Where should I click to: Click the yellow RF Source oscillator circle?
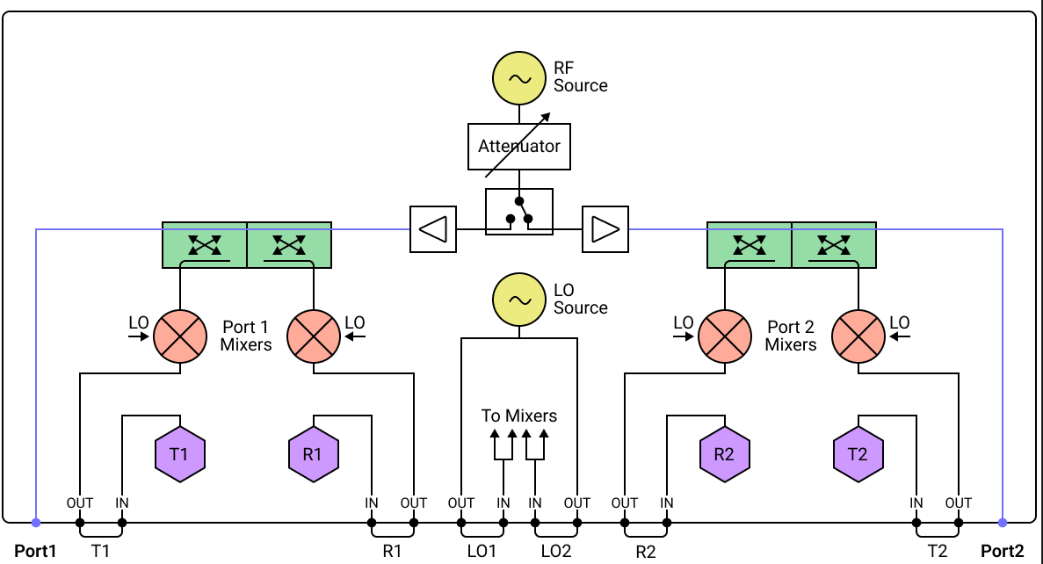click(518, 78)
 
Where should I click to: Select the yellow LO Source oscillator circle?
click(518, 300)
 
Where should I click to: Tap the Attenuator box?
click(518, 147)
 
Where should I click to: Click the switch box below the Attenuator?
click(518, 212)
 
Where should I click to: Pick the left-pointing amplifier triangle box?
click(433, 229)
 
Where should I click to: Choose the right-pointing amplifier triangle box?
click(605, 229)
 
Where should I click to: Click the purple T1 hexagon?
click(179, 454)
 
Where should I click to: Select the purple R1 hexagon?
click(314, 454)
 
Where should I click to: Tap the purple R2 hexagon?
click(724, 454)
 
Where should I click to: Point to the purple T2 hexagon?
click(858, 454)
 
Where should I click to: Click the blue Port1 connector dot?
click(36, 523)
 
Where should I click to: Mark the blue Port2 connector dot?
click(1003, 523)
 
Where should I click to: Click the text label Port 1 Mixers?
click(246, 336)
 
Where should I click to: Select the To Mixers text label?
click(518, 416)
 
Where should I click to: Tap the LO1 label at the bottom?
click(482, 552)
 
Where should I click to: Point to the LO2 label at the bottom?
click(556, 552)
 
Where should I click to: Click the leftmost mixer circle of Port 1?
click(179, 336)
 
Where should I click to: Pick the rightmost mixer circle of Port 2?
click(858, 336)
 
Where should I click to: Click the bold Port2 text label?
click(1003, 552)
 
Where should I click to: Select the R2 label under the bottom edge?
click(646, 552)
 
